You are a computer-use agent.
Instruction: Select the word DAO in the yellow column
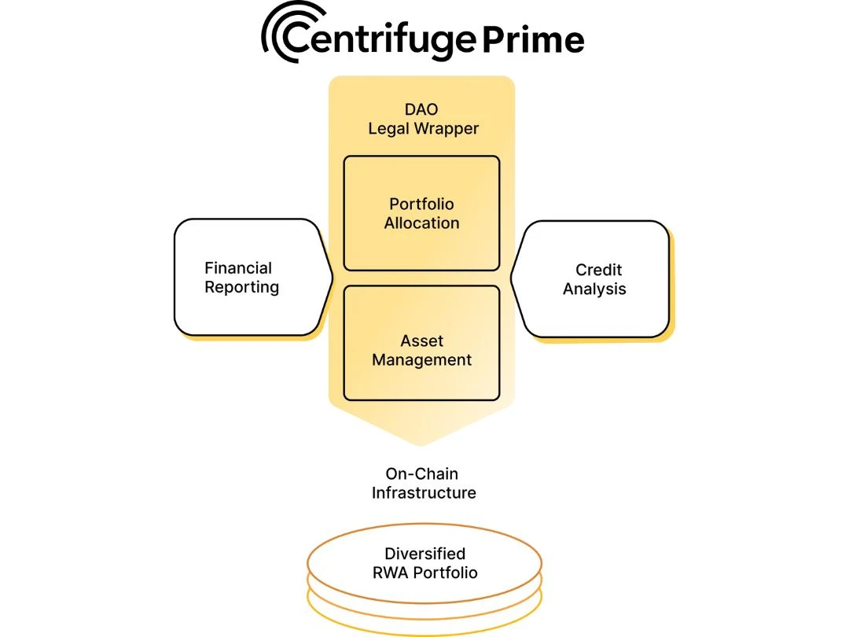point(421,109)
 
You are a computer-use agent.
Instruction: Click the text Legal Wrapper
point(423,128)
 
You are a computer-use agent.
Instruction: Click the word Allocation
point(421,223)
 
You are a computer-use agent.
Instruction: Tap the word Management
point(421,360)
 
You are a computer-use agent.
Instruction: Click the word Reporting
point(241,288)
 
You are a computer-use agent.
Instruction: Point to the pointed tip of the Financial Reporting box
point(332,277)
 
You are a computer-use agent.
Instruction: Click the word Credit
point(598,270)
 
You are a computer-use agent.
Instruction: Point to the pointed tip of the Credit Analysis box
point(512,277)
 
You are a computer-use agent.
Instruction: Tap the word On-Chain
point(421,474)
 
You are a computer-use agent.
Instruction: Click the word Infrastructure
point(424,493)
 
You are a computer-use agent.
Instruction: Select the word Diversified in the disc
point(424,554)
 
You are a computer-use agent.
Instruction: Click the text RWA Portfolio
point(424,573)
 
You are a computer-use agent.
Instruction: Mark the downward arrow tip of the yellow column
point(421,447)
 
